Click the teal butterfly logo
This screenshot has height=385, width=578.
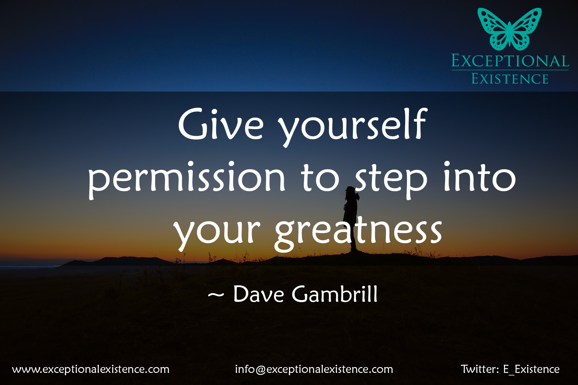(510, 29)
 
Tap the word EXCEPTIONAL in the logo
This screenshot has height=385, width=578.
(510, 61)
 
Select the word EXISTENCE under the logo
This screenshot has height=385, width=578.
(510, 79)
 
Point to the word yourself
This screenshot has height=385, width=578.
(353, 127)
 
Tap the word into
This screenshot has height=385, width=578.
(480, 177)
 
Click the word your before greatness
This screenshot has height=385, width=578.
(217, 234)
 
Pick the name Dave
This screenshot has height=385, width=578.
(259, 294)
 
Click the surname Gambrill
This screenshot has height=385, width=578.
(335, 294)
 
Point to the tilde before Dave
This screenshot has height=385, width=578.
(216, 295)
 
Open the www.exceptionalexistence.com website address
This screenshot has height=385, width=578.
(91, 369)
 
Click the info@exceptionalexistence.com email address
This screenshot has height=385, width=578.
(314, 369)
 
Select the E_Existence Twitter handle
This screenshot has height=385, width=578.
(531, 369)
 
